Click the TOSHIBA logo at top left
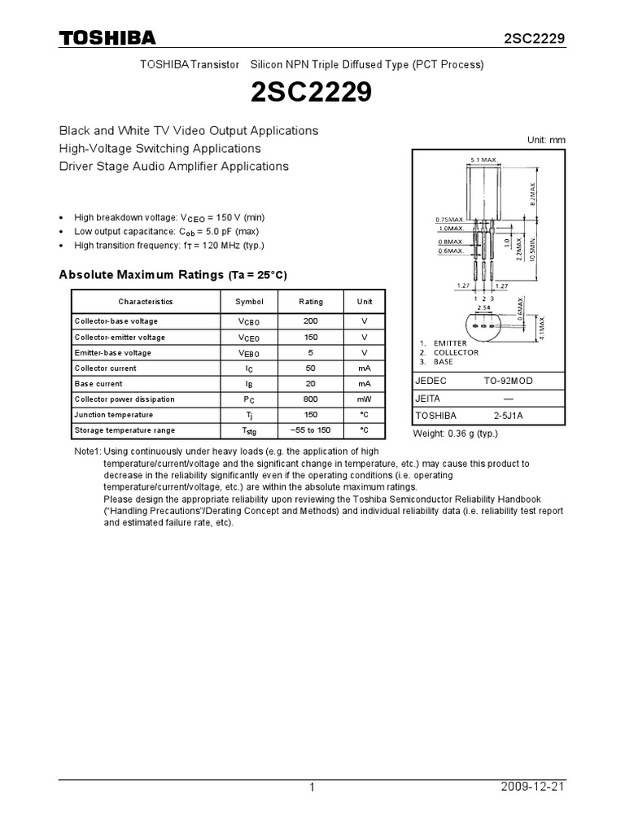(107, 38)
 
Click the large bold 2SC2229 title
(312, 94)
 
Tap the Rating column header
(311, 301)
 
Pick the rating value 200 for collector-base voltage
(311, 321)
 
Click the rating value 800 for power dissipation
(311, 399)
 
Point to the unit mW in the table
(365, 399)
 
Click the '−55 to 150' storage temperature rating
(311, 430)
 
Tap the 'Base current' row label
(98, 384)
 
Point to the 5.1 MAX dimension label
(483, 160)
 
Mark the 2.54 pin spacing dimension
(484, 308)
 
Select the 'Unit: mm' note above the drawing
(545, 140)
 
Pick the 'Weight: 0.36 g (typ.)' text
(456, 434)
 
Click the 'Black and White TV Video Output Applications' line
(188, 130)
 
